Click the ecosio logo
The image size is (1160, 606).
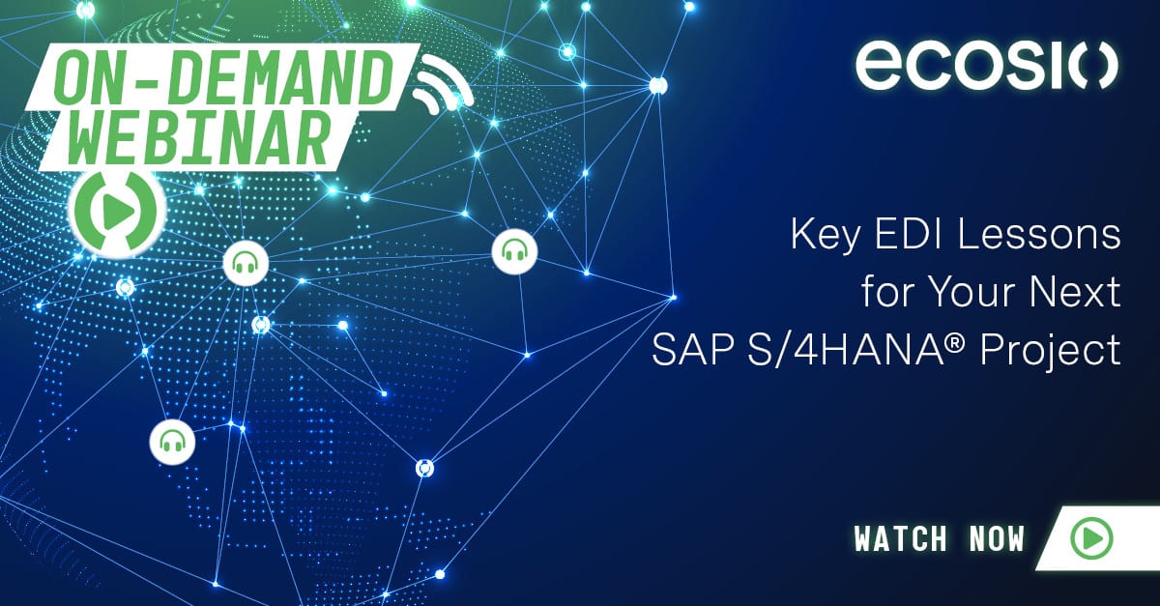[987, 67]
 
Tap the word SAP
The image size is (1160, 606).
[692, 351]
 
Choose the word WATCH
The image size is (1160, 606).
[901, 539]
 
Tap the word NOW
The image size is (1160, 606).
[997, 539]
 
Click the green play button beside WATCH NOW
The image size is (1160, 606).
[1091, 538]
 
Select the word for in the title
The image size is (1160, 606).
[886, 292]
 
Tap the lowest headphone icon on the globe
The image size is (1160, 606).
[172, 442]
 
